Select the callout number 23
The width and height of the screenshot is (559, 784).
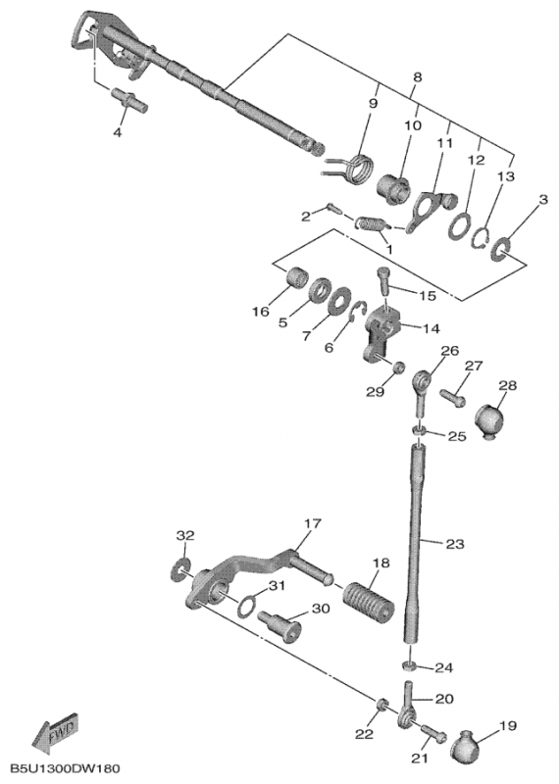click(454, 544)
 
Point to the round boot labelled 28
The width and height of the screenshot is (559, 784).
click(488, 420)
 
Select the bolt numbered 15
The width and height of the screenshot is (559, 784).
click(383, 281)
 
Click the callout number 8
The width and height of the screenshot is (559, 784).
click(418, 77)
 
